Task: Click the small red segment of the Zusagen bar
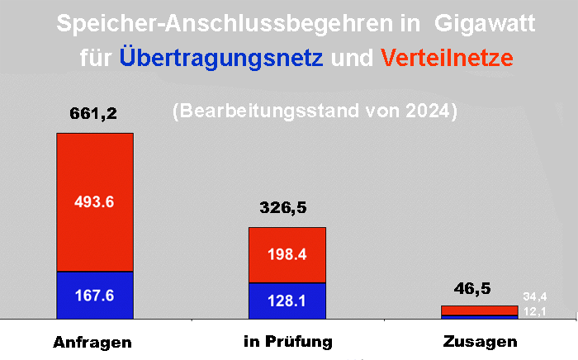click(x=479, y=310)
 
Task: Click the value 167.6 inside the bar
click(x=95, y=296)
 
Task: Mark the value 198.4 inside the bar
click(x=287, y=254)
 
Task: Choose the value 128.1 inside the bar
click(x=287, y=301)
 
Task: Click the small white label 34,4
click(x=535, y=296)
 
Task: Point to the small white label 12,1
click(x=535, y=310)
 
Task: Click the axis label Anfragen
click(x=93, y=342)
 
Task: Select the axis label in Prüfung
click(x=288, y=341)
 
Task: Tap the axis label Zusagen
click(x=480, y=342)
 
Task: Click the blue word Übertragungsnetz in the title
click(x=220, y=59)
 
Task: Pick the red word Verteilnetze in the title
click(x=447, y=59)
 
